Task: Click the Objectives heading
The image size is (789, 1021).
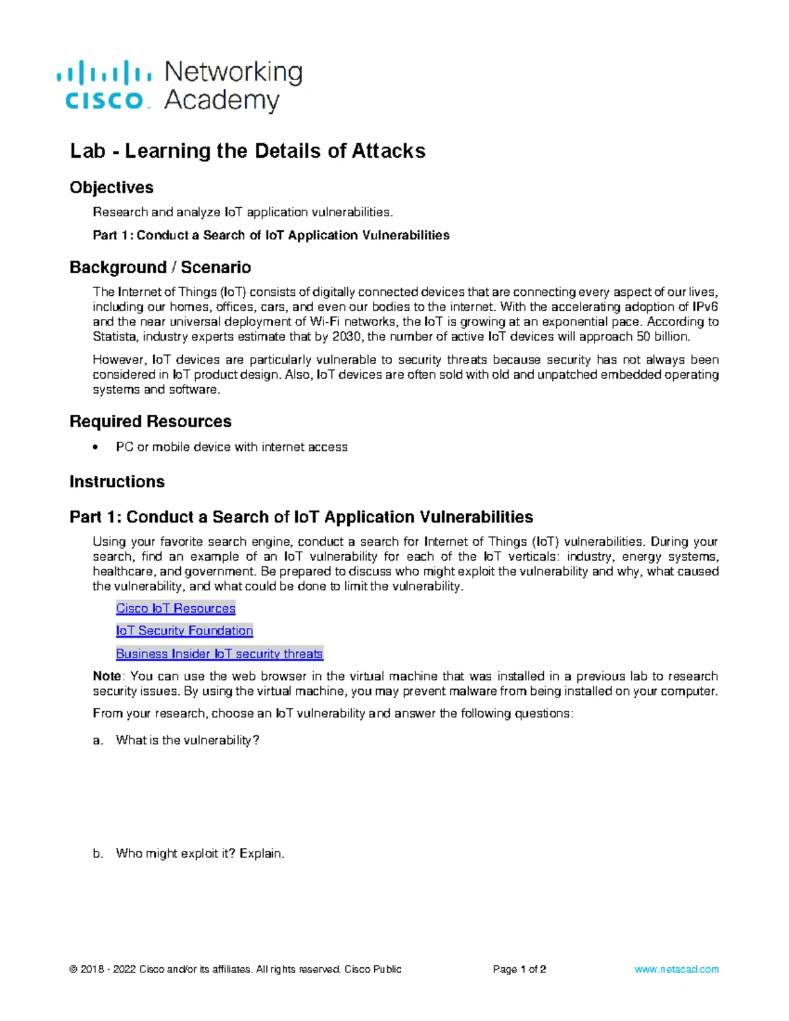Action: [111, 187]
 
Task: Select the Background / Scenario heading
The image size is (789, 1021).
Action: [160, 267]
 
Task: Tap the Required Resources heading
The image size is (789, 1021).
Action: [150, 421]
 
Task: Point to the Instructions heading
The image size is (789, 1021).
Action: [116, 482]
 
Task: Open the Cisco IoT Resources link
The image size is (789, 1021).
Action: [176, 608]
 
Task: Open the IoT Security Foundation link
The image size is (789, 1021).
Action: [184, 630]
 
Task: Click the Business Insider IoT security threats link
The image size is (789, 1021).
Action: [219, 653]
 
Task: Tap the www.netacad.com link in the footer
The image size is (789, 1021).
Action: [676, 969]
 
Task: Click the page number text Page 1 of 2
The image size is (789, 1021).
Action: [519, 969]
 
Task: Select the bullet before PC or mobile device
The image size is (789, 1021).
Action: [97, 447]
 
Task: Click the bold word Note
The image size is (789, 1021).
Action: [107, 676]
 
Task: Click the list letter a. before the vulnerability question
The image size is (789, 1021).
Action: [98, 740]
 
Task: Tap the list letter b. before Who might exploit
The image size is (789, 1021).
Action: [98, 853]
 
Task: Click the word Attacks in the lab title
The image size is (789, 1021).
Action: [389, 151]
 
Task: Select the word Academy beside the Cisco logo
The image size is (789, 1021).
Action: [222, 101]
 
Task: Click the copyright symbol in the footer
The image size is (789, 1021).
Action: [73, 969]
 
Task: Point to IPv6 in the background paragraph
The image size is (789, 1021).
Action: [705, 307]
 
